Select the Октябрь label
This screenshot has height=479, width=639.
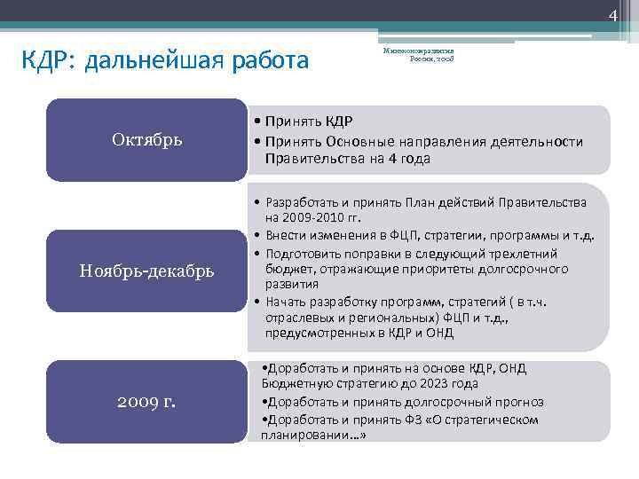pos(147,139)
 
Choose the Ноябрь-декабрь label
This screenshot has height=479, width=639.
pos(147,271)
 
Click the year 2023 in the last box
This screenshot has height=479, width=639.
pos(419,384)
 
